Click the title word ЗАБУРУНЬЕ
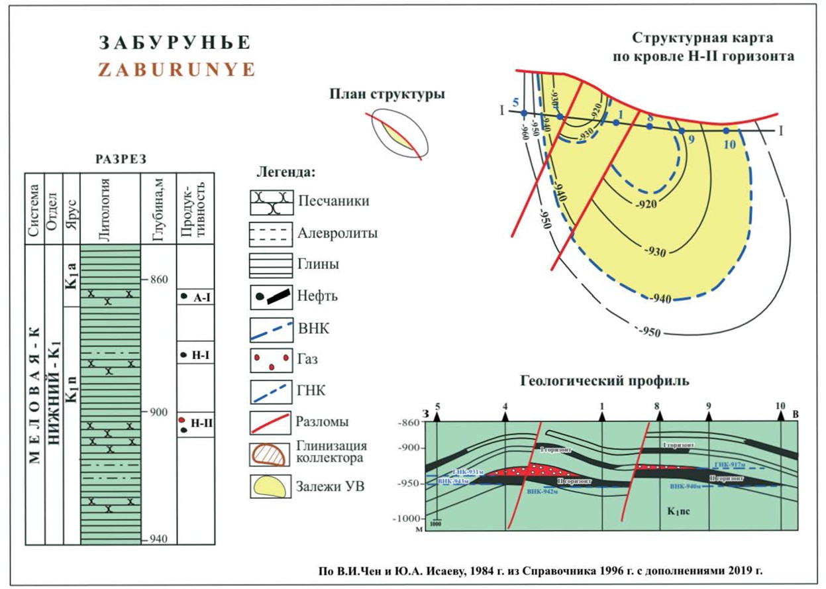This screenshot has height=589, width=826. (x=175, y=43)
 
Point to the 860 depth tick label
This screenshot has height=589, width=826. (x=159, y=279)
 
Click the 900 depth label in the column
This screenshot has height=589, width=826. (x=159, y=412)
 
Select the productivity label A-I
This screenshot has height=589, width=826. (x=201, y=297)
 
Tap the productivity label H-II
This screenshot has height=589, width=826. (x=201, y=422)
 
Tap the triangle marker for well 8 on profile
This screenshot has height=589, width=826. (x=658, y=416)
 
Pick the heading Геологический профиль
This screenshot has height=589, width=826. (x=605, y=381)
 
